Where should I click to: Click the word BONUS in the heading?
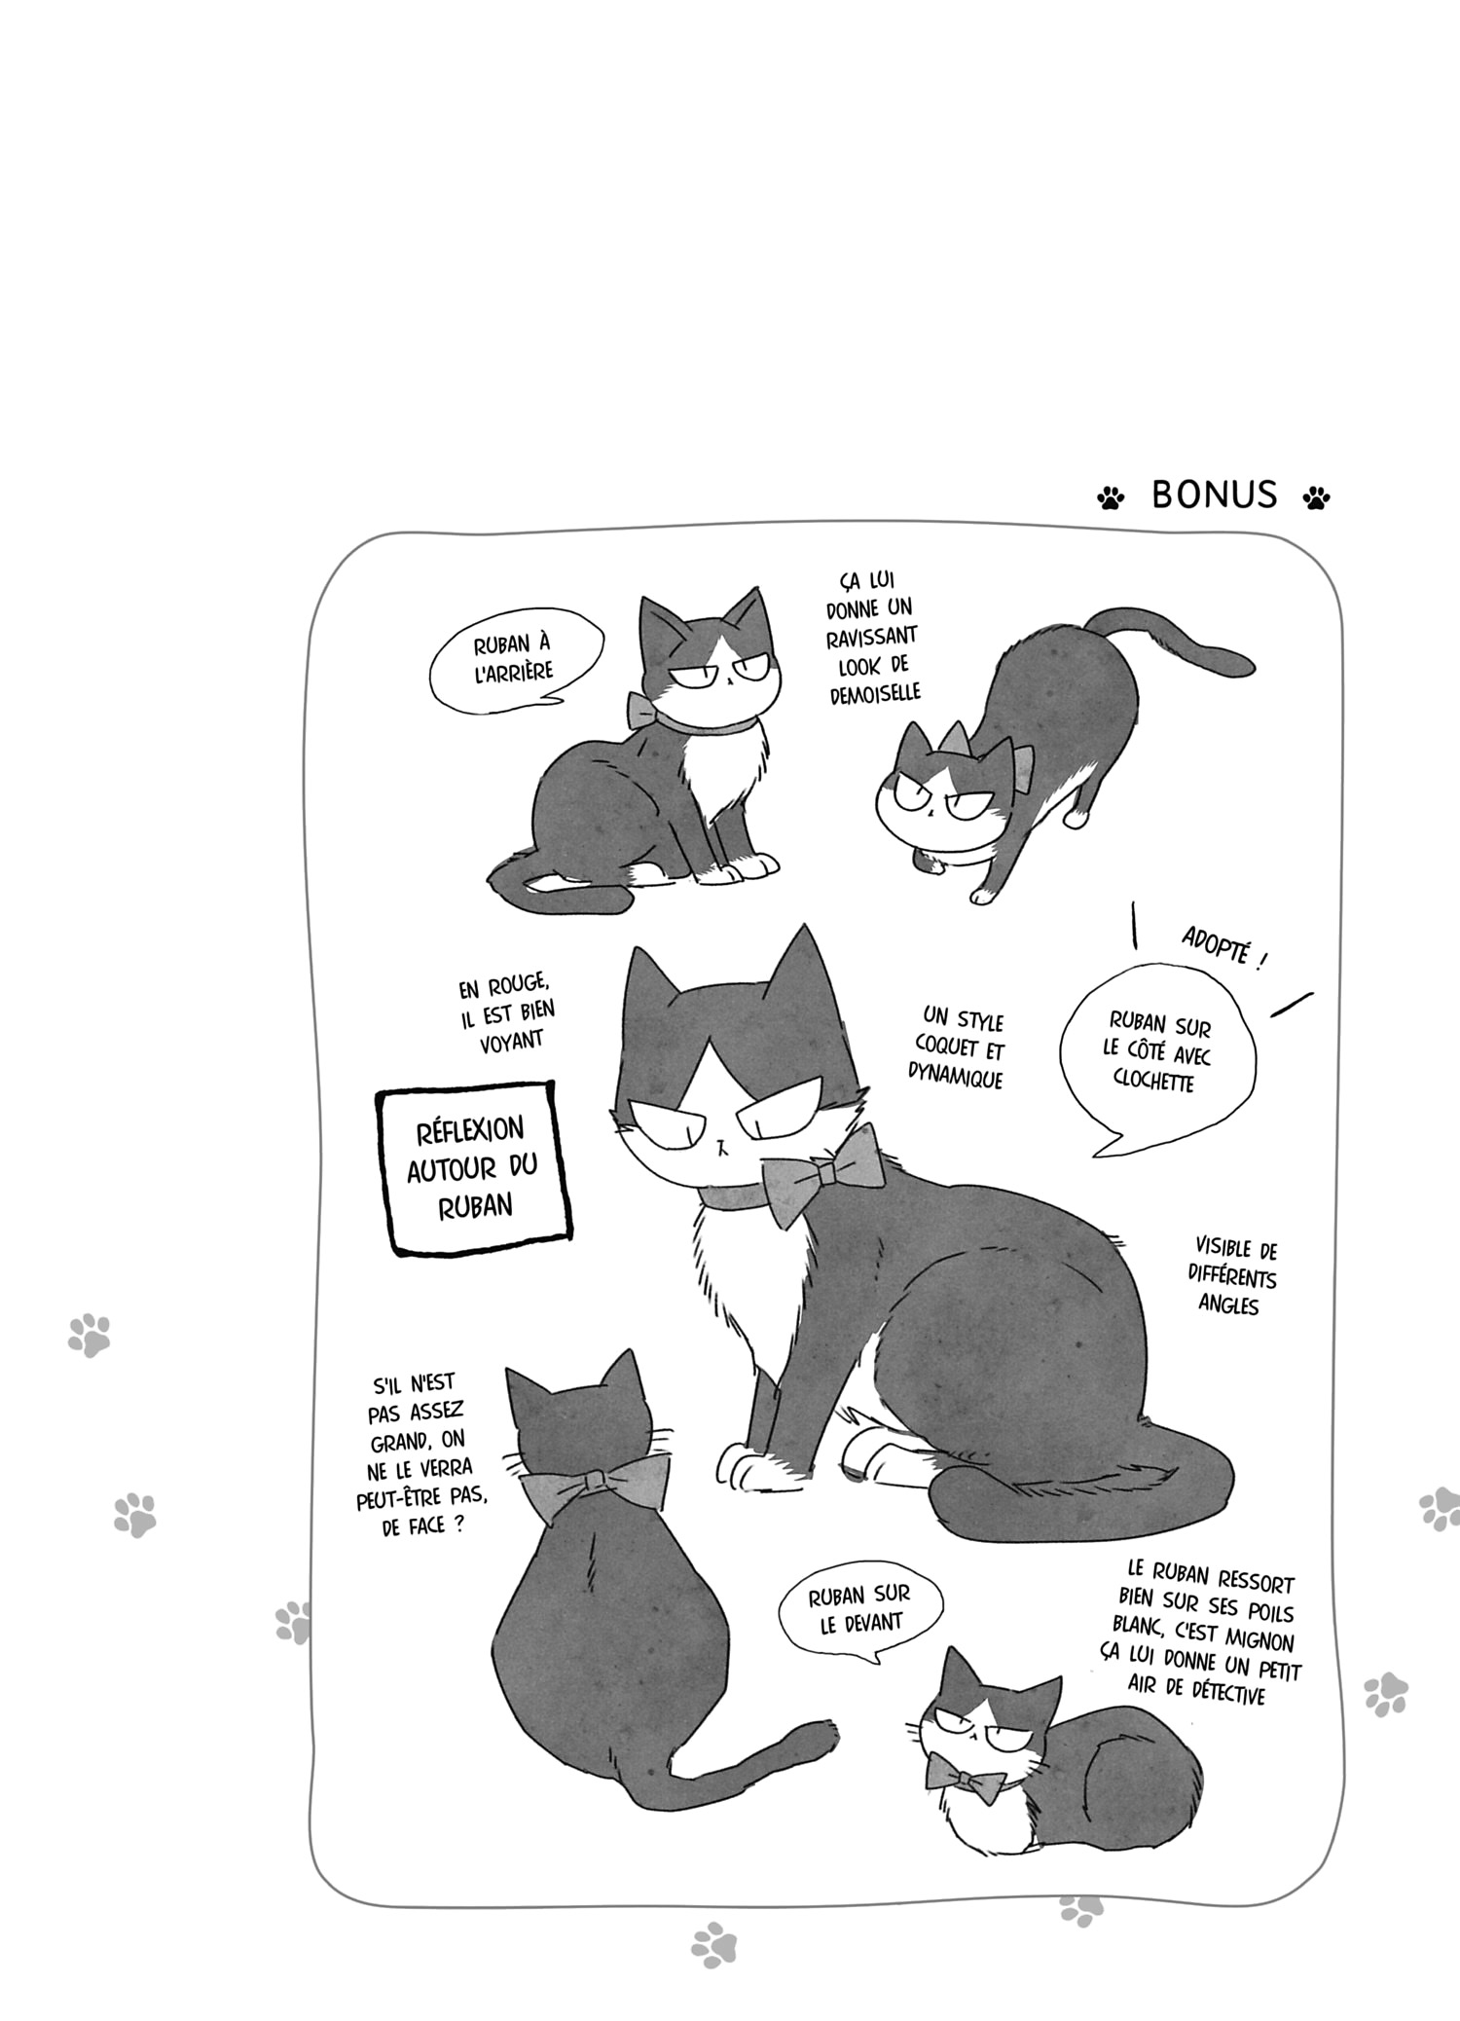(1214, 495)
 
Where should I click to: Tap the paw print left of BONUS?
(1110, 498)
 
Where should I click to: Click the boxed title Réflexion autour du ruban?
(473, 1167)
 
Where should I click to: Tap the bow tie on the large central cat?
(823, 1173)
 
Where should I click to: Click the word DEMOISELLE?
(875, 693)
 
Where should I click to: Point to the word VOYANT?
(512, 1042)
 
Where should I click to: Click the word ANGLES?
(1228, 1305)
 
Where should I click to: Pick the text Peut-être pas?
(421, 1498)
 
